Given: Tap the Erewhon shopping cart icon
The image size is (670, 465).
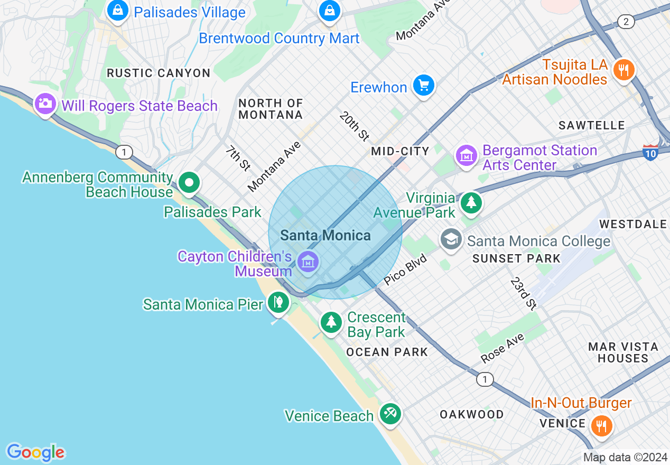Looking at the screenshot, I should [x=423, y=85].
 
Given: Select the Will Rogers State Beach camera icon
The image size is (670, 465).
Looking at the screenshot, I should [x=45, y=103].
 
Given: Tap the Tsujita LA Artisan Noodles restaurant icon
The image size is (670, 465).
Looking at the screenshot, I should [x=624, y=69].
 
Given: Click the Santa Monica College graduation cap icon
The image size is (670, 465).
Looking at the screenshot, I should [x=451, y=239].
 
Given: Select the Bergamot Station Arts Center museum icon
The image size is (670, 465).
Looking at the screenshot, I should [x=467, y=155].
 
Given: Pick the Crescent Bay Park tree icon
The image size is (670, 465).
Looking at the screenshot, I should [x=331, y=321].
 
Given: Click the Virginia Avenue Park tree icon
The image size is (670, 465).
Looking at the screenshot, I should [x=471, y=202].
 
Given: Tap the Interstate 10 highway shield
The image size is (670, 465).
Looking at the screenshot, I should [x=651, y=152].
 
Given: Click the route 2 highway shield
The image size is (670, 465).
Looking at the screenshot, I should [x=626, y=22].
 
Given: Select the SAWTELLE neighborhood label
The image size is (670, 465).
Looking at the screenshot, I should [x=592, y=125].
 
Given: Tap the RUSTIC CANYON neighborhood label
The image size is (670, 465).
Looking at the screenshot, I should [x=159, y=73].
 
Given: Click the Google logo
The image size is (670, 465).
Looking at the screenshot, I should [x=35, y=452].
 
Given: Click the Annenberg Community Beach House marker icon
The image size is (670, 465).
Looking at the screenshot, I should [x=189, y=183].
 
